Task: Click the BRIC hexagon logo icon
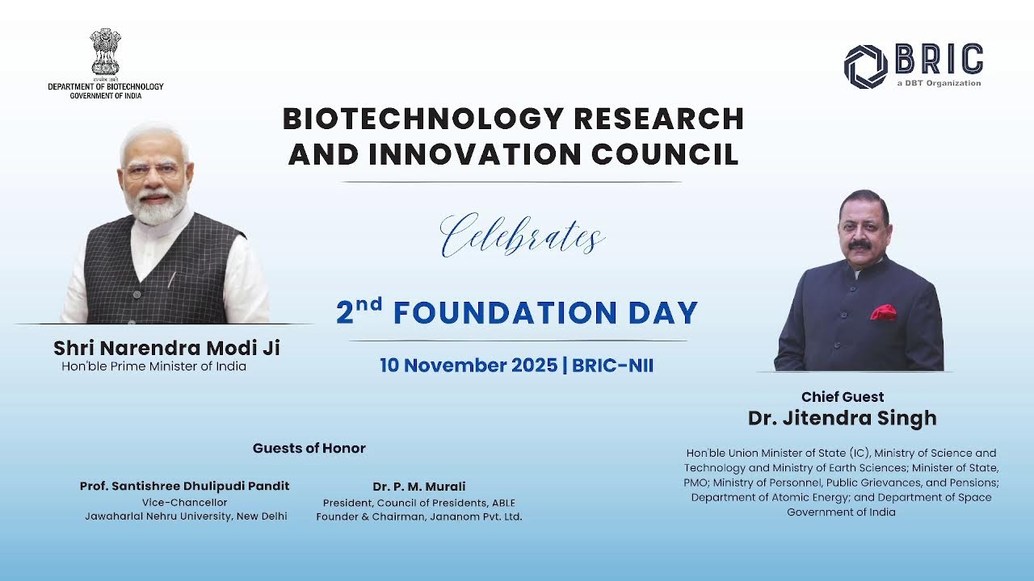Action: click(x=865, y=66)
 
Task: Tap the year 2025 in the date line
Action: click(x=533, y=366)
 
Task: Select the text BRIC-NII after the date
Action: click(x=612, y=366)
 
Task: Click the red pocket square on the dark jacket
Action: click(x=883, y=311)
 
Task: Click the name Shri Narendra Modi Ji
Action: click(x=166, y=348)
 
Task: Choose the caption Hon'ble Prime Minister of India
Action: click(x=153, y=366)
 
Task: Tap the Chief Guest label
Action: click(x=843, y=397)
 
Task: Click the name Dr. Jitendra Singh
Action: click(x=843, y=418)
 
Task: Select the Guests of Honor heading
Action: click(x=309, y=448)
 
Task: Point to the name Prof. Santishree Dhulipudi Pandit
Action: click(x=184, y=486)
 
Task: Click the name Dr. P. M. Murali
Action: click(x=419, y=486)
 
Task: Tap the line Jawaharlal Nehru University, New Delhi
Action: click(x=186, y=516)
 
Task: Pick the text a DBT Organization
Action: click(x=939, y=83)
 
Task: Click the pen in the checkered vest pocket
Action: click(x=171, y=278)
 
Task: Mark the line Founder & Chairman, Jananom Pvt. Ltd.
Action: click(x=419, y=516)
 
